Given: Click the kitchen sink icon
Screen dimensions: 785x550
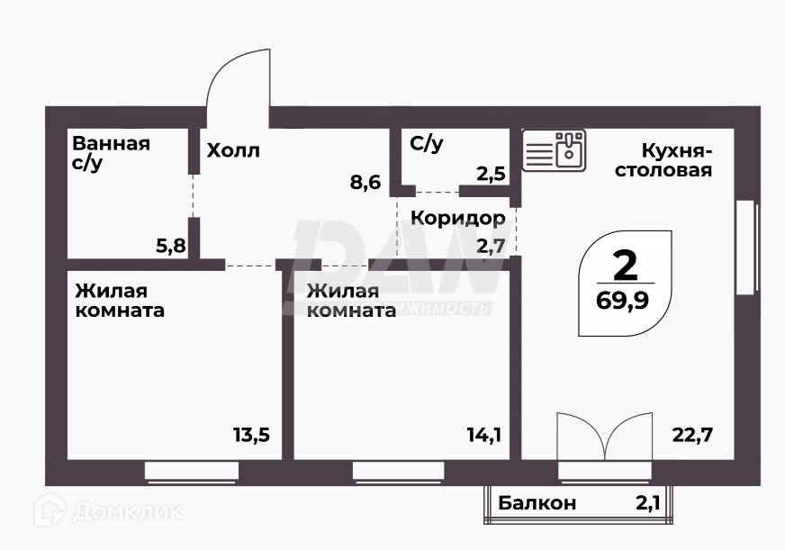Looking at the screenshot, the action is point(555,149).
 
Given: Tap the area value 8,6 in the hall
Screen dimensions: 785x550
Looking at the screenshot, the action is point(365,183).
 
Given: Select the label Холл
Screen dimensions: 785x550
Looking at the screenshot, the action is point(233,150).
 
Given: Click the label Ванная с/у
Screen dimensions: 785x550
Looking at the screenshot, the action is point(111,153).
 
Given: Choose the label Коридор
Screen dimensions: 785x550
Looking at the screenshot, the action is point(458,218).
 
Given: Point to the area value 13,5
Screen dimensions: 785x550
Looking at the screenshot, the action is point(251,435).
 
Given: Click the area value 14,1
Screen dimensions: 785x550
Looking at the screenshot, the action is point(483,435).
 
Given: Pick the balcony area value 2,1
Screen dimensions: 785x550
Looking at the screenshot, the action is point(648,503).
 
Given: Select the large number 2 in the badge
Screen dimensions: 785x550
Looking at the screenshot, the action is point(624,265).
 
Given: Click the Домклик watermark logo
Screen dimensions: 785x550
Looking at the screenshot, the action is point(109,511).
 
